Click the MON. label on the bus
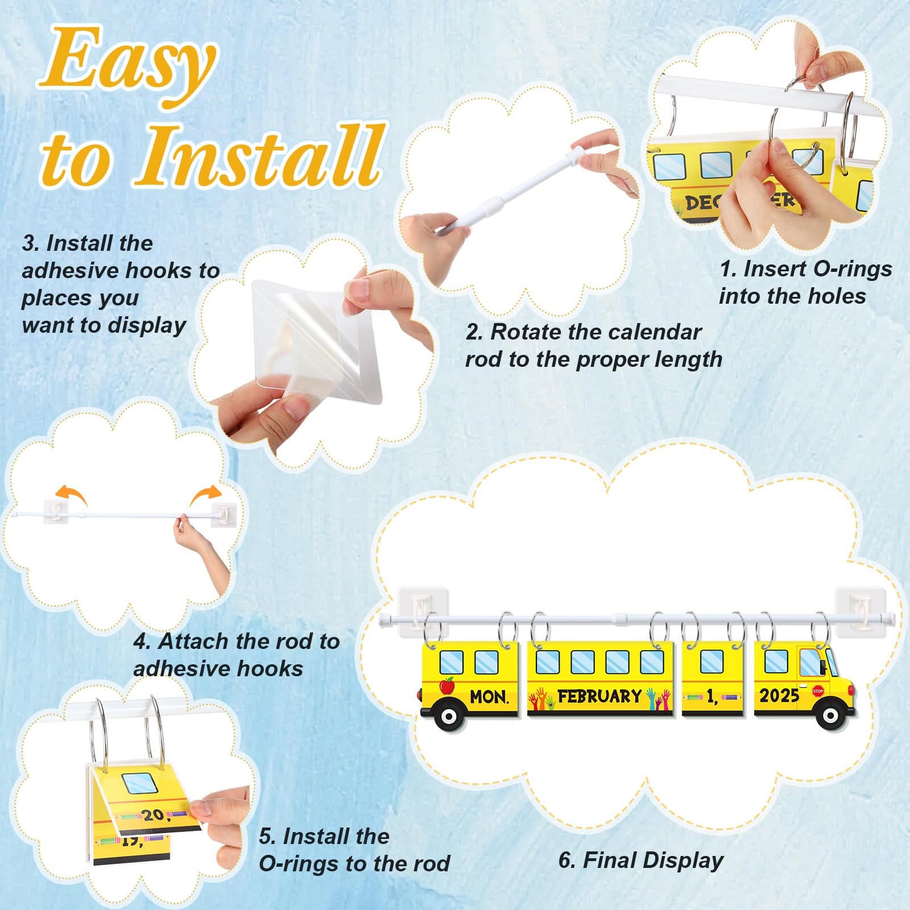click(x=489, y=696)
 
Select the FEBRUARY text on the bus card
click(x=599, y=696)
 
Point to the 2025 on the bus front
click(x=779, y=695)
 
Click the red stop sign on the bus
click(x=818, y=691)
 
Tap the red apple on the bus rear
click(x=448, y=685)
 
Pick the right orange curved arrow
click(x=205, y=494)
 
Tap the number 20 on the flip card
click(x=153, y=816)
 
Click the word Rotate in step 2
click(x=524, y=332)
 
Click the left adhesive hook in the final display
click(x=423, y=611)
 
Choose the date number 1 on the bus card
click(x=711, y=697)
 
